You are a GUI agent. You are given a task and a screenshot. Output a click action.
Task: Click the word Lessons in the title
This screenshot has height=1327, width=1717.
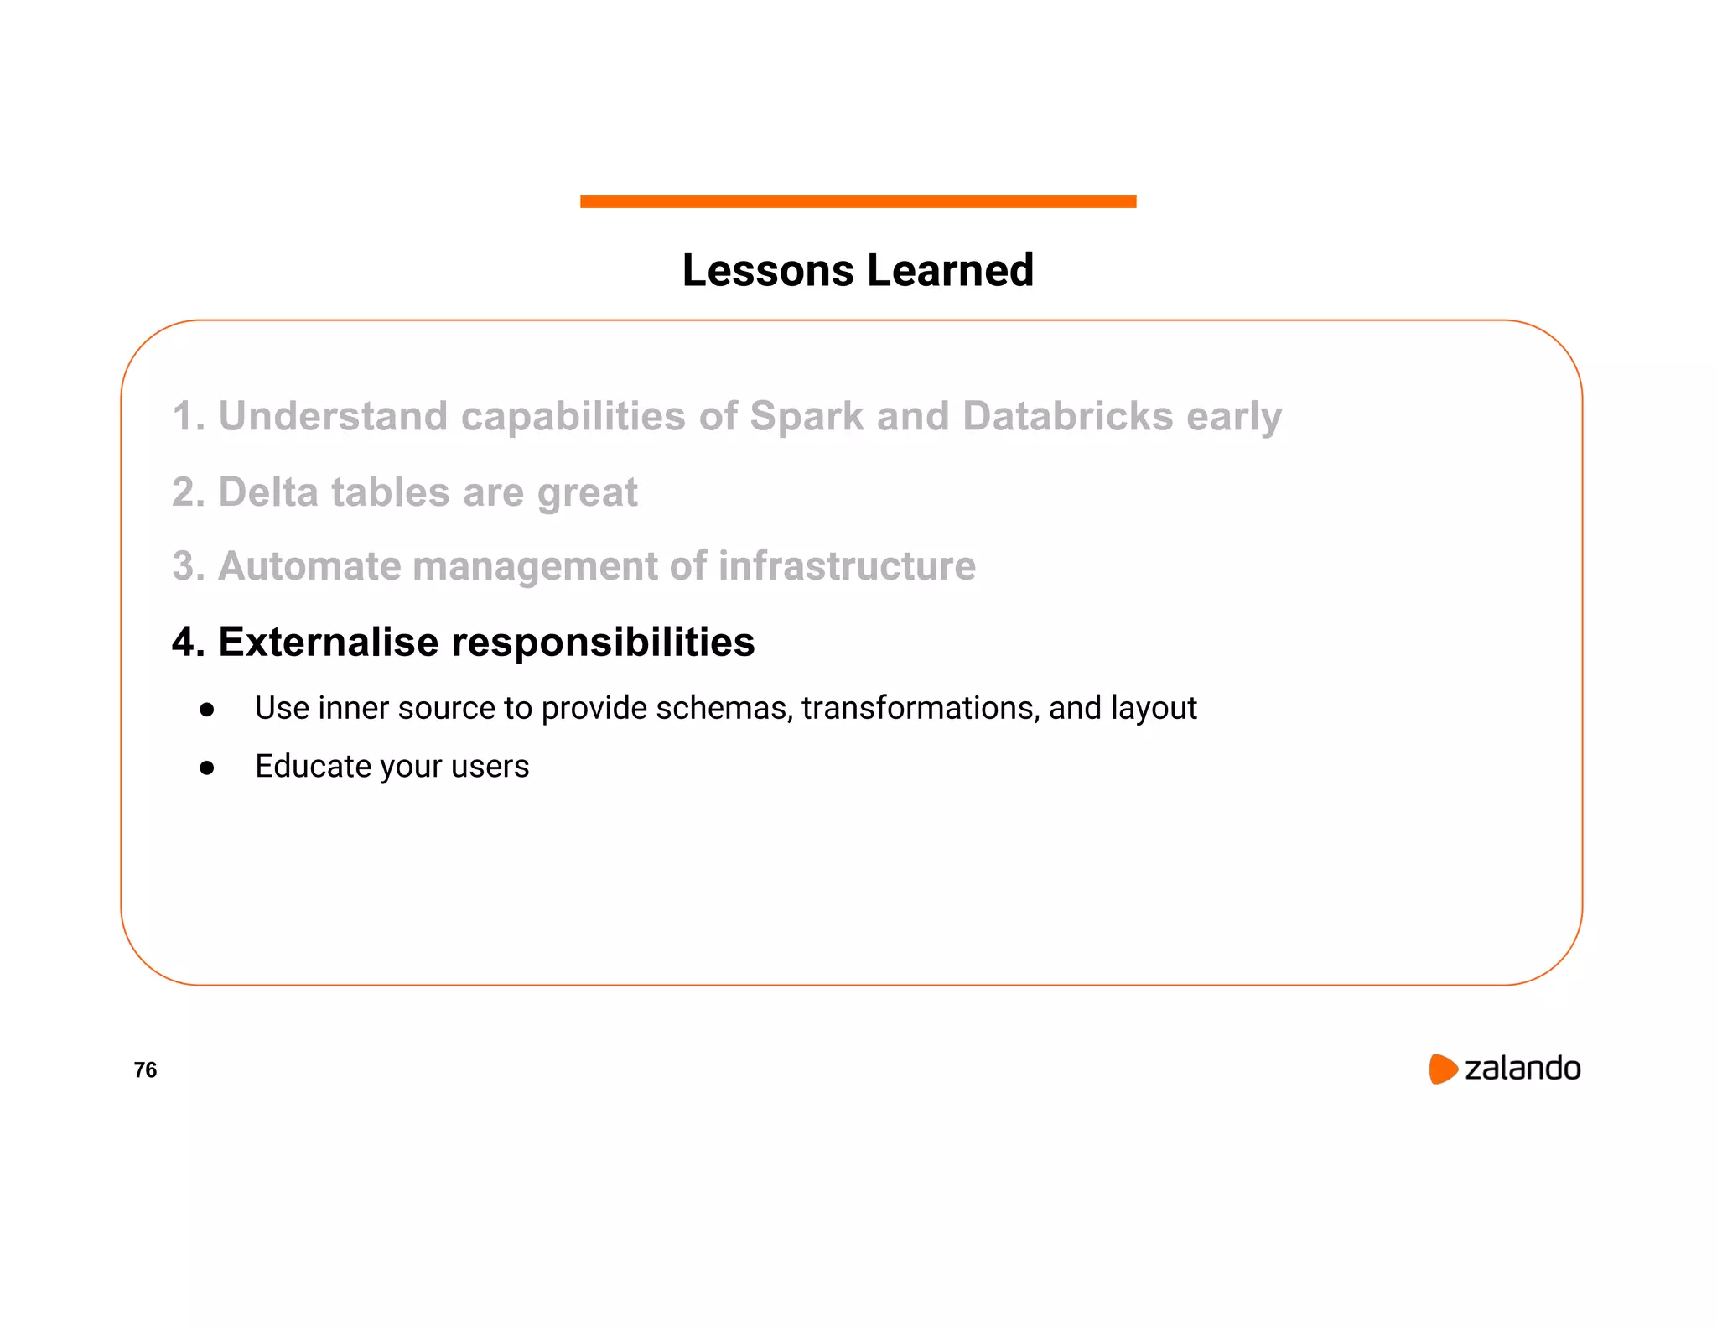coord(768,271)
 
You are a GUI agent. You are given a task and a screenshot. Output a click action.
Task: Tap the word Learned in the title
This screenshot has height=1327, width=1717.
coord(950,271)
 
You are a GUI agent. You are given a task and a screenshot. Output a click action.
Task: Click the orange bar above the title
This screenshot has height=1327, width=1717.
coord(858,201)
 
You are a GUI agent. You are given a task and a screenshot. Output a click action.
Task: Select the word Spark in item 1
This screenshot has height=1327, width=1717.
coord(806,416)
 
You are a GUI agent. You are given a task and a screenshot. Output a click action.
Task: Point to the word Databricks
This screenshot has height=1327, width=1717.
coord(1067,416)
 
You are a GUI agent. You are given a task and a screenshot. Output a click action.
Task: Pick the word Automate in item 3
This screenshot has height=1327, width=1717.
coord(309,566)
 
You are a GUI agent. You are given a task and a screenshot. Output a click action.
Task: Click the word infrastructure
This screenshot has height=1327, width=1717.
coord(847,566)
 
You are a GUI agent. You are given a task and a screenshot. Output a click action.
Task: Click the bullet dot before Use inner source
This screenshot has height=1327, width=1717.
coord(207,710)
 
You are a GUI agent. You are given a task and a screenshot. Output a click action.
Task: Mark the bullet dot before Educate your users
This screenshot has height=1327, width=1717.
coord(207,768)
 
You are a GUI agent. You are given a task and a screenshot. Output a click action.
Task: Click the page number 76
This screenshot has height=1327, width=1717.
coord(145,1069)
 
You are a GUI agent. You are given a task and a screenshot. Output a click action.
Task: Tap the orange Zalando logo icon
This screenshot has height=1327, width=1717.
coord(1443,1069)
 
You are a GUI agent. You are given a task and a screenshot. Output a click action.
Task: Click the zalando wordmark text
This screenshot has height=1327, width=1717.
coord(1522,1069)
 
